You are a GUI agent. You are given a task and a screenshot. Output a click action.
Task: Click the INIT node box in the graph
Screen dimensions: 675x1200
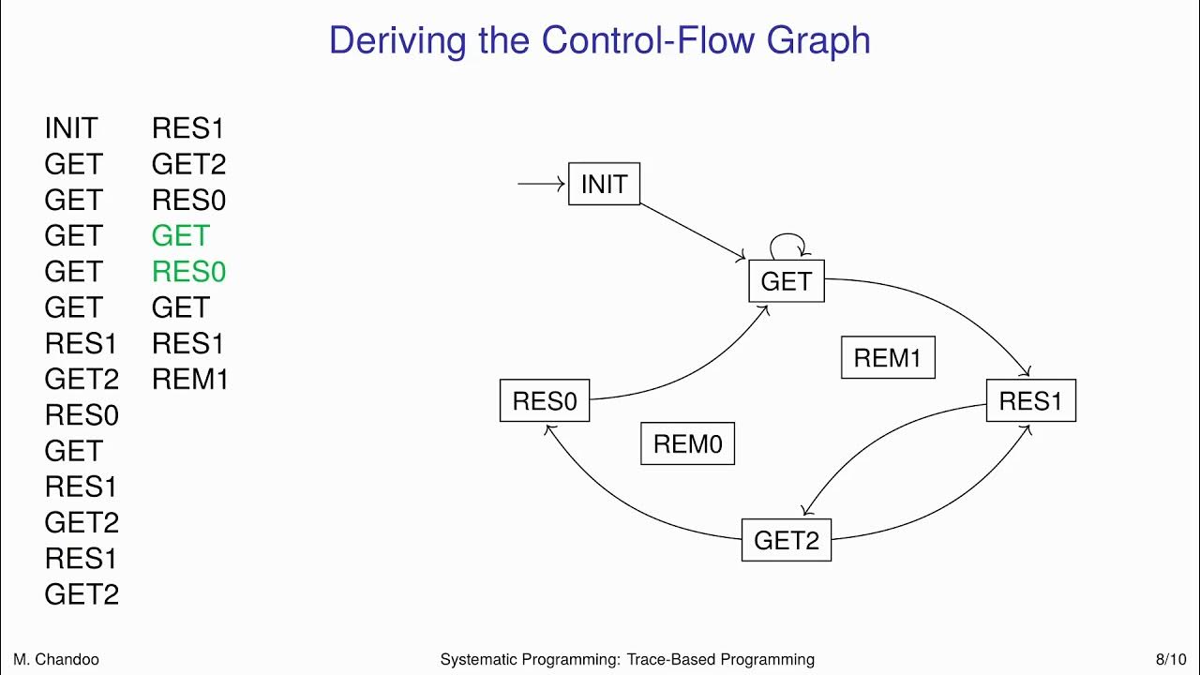(x=604, y=184)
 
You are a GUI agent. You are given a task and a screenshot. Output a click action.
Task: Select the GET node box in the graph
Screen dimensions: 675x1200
(x=786, y=281)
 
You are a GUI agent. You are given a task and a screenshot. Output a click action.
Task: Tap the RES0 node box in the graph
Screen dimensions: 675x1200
(x=544, y=401)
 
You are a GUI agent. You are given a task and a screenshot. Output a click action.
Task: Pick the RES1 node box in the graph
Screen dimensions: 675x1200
(x=1030, y=401)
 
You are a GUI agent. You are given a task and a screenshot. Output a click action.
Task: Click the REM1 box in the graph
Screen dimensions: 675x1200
(x=887, y=357)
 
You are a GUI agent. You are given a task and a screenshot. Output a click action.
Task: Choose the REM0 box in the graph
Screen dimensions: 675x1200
(x=687, y=443)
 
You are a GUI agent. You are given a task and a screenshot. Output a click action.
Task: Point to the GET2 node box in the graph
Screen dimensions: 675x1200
(x=786, y=540)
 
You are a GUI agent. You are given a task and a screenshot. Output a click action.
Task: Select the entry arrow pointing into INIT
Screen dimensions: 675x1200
(x=542, y=184)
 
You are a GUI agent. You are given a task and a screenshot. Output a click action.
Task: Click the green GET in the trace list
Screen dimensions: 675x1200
(x=181, y=235)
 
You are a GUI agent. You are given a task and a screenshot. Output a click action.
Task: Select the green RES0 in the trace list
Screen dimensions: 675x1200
(x=188, y=272)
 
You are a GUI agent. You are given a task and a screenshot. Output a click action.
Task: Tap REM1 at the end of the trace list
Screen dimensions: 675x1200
(x=189, y=379)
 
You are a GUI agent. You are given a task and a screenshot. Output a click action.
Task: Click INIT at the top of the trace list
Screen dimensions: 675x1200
(x=71, y=128)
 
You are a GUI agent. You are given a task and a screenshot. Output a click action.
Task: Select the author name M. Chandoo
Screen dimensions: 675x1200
(x=55, y=659)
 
